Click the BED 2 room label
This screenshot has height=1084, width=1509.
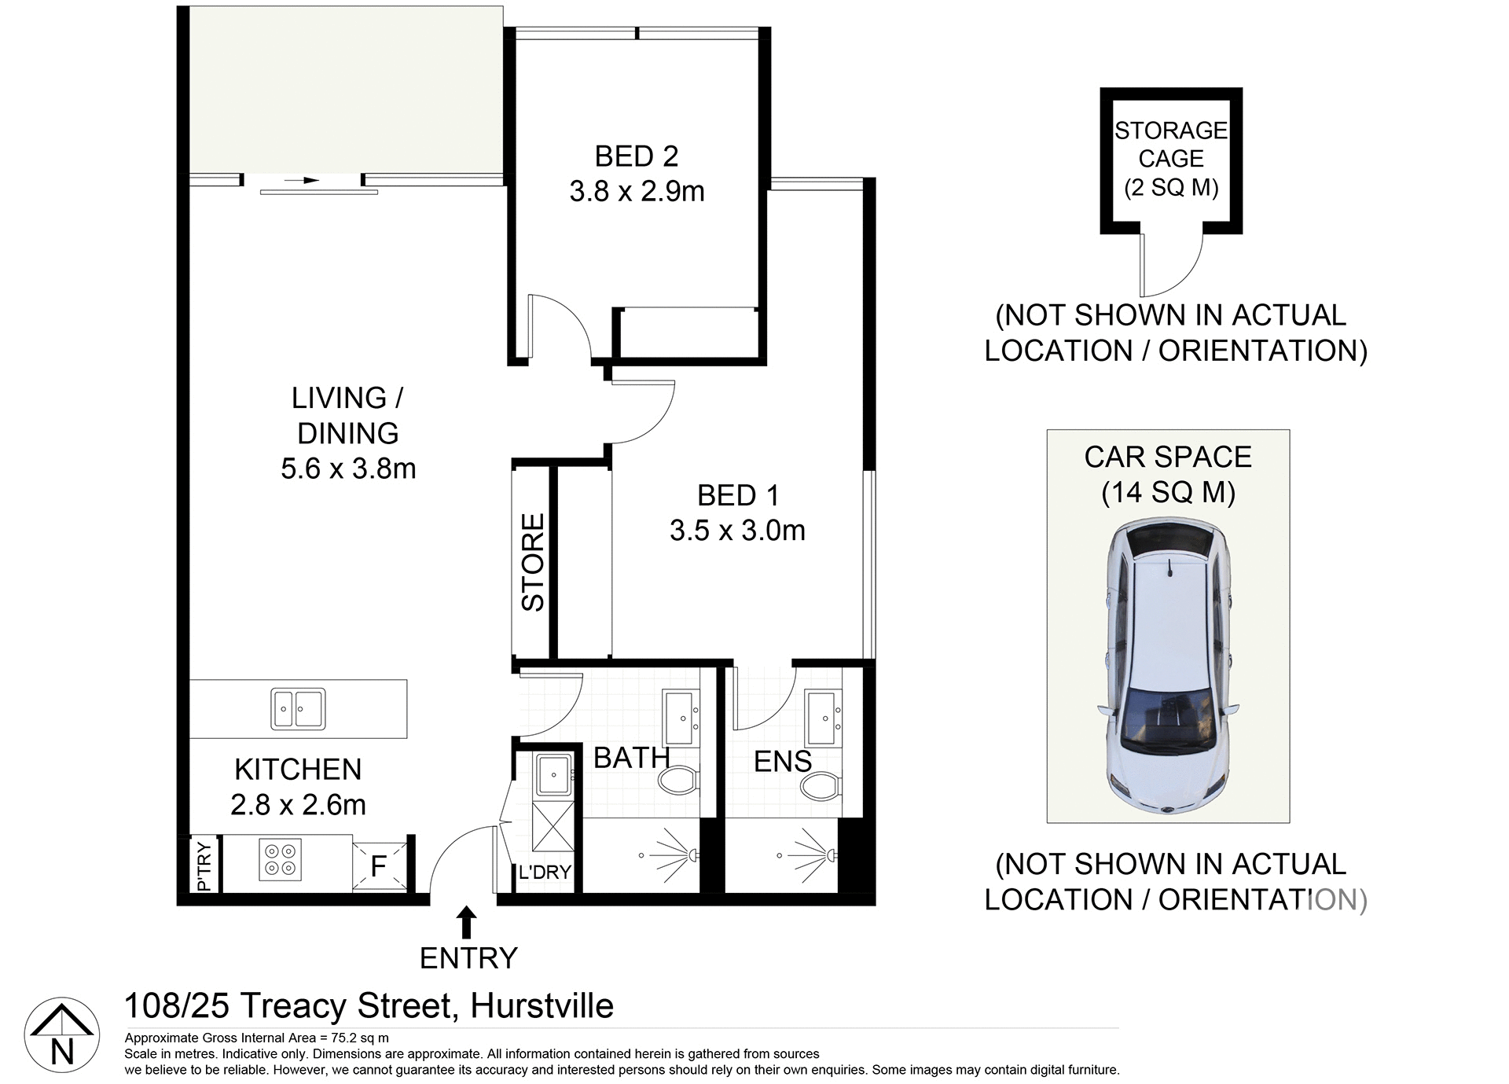point(636,156)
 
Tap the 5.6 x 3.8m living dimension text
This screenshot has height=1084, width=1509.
point(348,469)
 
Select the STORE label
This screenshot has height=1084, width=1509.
point(533,562)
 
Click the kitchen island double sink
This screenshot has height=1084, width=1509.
point(298,708)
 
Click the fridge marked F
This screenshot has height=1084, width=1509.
point(379,866)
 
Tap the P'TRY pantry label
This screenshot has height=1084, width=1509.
point(204,866)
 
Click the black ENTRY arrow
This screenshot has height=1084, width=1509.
point(467,921)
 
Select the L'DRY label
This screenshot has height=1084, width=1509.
point(545,872)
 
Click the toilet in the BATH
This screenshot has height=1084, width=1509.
point(678,780)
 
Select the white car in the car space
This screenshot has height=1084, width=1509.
point(1168,665)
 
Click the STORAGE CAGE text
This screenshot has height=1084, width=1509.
point(1170,145)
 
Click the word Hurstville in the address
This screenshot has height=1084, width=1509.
point(542,1006)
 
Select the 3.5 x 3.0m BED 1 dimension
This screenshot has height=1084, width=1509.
point(737,531)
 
